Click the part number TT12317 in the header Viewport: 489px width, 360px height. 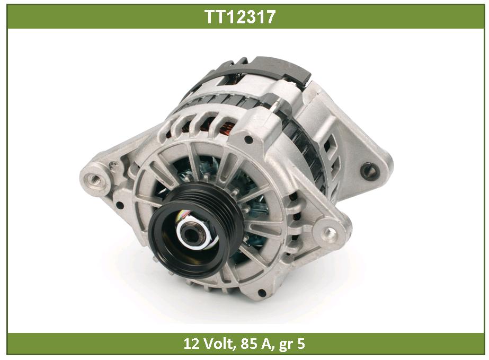(240, 16)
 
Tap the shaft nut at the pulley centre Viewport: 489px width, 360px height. (193, 233)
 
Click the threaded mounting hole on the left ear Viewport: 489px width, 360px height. (94, 179)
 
